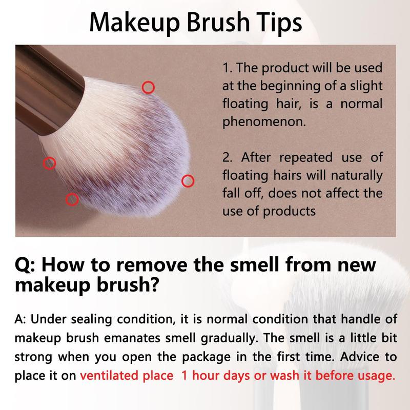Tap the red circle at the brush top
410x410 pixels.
pos(148,88)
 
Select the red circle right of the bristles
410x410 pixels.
pos(188,180)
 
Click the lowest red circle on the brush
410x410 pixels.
pos(72,199)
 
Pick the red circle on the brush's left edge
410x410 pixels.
pos(49,163)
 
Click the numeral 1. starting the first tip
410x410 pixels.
pos(227,68)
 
